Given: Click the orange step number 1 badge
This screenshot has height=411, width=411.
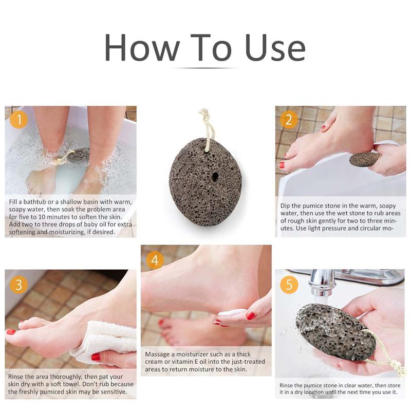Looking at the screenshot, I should click(x=19, y=120).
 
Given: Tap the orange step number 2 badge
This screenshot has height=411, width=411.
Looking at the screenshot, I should click(x=289, y=120).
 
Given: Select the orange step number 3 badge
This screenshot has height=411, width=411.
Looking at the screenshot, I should click(x=19, y=284).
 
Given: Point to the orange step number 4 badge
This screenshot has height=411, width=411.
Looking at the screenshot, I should click(x=155, y=260).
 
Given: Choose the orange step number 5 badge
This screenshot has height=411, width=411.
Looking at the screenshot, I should click(x=289, y=284).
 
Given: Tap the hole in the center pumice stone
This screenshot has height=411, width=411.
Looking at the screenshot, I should click(x=213, y=178).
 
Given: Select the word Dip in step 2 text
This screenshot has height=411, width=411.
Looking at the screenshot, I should click(x=286, y=206).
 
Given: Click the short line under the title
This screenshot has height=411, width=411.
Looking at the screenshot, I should click(x=206, y=68).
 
